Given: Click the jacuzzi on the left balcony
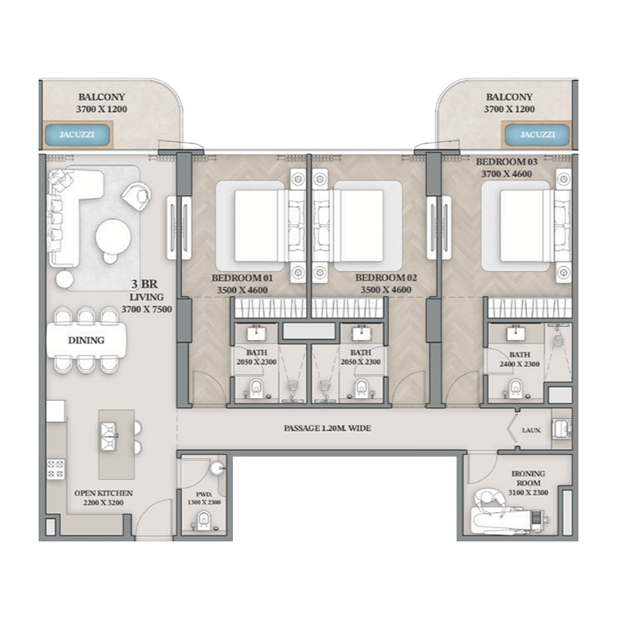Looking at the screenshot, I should pyautogui.click(x=80, y=134).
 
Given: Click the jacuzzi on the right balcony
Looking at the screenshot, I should pyautogui.click(x=537, y=134).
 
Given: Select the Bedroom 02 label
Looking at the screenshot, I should pyautogui.click(x=385, y=283).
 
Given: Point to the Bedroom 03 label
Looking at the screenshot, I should pyautogui.click(x=505, y=168).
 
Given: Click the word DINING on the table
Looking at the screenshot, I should pyautogui.click(x=86, y=339).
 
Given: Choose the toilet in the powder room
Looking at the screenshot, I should pyautogui.click(x=203, y=521).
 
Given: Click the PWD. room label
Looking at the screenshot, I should pyautogui.click(x=203, y=498).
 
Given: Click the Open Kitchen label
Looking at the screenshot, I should pyautogui.click(x=103, y=497).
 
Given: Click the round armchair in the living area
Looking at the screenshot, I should pyautogui.click(x=137, y=196).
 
